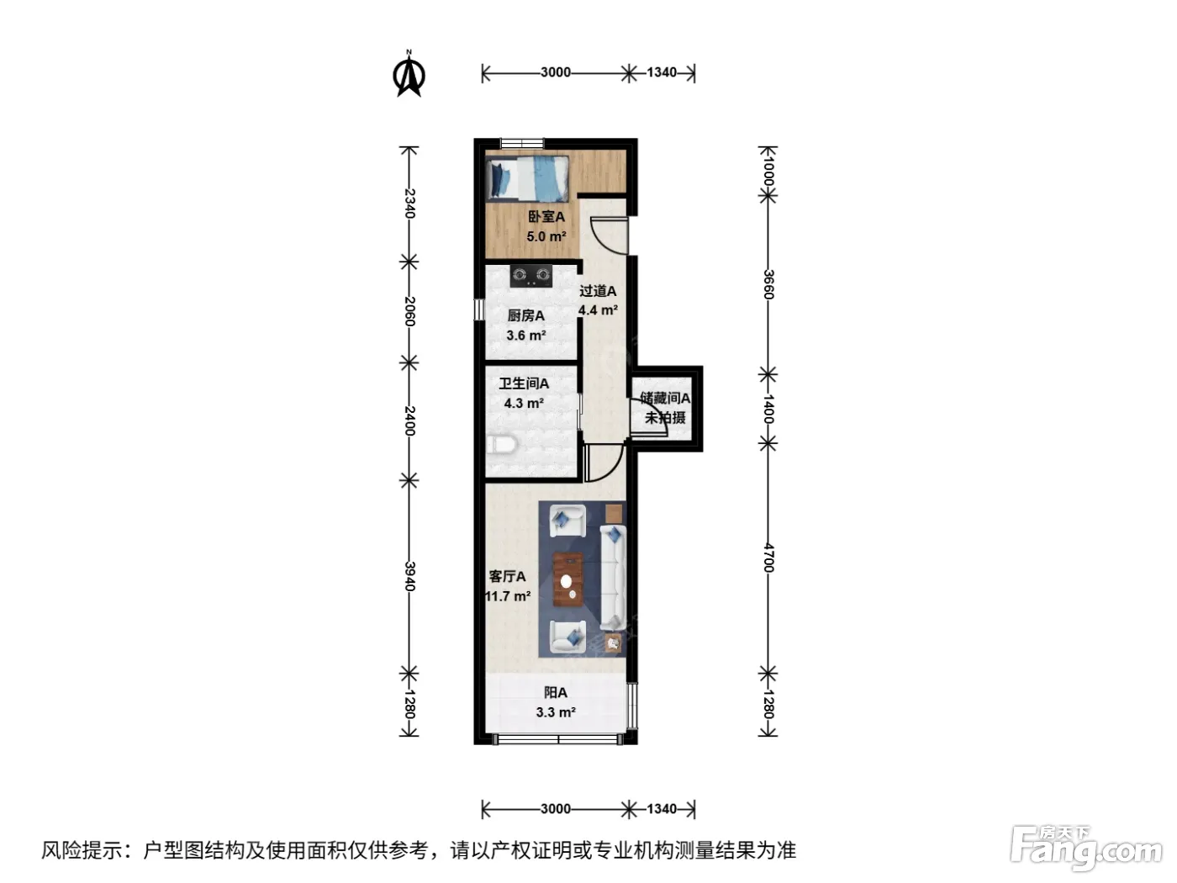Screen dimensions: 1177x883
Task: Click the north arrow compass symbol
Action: pyautogui.click(x=409, y=74)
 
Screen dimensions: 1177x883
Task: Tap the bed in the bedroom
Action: pyautogui.click(x=528, y=178)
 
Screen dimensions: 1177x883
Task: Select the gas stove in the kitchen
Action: pyautogui.click(x=530, y=276)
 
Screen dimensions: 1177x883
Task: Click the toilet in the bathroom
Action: pyautogui.click(x=502, y=445)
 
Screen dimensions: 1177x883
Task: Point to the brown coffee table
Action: pyautogui.click(x=568, y=579)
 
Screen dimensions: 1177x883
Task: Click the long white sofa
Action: pyautogui.click(x=613, y=577)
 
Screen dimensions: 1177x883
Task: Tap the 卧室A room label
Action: pyautogui.click(x=546, y=217)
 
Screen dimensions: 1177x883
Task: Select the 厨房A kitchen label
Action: pyautogui.click(x=526, y=315)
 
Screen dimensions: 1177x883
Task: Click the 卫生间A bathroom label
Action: pyautogui.click(x=524, y=383)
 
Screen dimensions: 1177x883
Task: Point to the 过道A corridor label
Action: pyautogui.click(x=598, y=291)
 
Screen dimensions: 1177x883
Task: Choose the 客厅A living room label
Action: pyautogui.click(x=507, y=576)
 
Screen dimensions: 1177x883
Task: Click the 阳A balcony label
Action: pyautogui.click(x=556, y=693)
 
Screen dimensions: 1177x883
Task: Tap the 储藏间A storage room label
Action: pyautogui.click(x=665, y=398)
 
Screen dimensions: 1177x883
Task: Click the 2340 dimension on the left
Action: pyautogui.click(x=409, y=204)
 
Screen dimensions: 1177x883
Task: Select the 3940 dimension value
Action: pyautogui.click(x=409, y=576)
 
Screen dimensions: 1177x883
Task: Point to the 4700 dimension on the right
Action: pyautogui.click(x=768, y=558)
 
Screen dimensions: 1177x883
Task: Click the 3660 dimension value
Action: pyautogui.click(x=768, y=285)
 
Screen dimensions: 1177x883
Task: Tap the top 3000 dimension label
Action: pyautogui.click(x=556, y=72)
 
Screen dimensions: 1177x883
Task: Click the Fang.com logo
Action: pyautogui.click(x=1085, y=849)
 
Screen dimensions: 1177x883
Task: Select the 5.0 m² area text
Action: pyautogui.click(x=546, y=236)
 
